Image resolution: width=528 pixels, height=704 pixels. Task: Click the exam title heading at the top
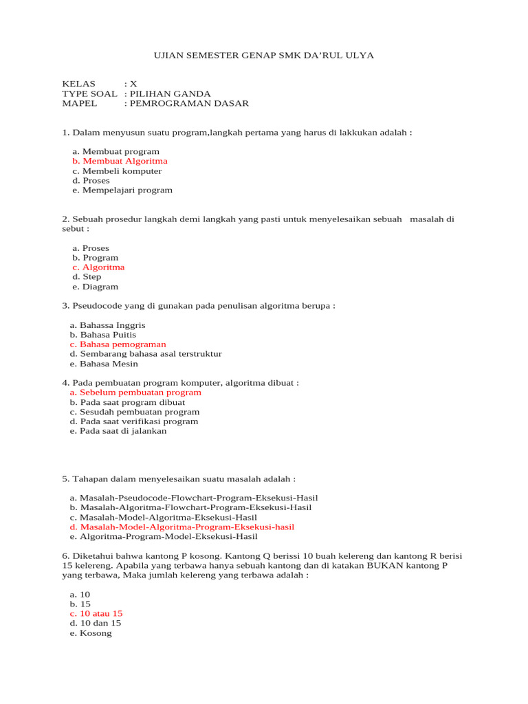[x=263, y=55]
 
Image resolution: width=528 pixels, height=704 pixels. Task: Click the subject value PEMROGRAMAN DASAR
[x=186, y=104]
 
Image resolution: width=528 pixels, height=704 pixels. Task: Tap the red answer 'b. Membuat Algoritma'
[x=120, y=161]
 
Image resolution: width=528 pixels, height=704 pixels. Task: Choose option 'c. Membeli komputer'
[x=117, y=170]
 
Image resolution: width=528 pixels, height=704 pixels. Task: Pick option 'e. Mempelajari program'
[x=122, y=190]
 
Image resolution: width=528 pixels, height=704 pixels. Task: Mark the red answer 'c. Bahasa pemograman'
[x=118, y=344]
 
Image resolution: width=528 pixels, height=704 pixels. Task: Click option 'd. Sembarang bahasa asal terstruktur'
[x=146, y=354]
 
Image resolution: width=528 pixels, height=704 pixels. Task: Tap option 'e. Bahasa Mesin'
[x=104, y=364]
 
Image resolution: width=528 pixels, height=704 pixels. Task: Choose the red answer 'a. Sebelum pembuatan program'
[x=135, y=393]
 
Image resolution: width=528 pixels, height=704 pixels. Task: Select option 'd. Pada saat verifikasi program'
[x=134, y=421]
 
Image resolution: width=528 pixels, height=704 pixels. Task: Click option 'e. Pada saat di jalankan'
[x=118, y=431]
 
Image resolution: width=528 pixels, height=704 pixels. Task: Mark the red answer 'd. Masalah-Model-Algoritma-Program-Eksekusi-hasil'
[x=181, y=527]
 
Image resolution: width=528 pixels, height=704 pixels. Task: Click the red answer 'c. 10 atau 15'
[x=96, y=613]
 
